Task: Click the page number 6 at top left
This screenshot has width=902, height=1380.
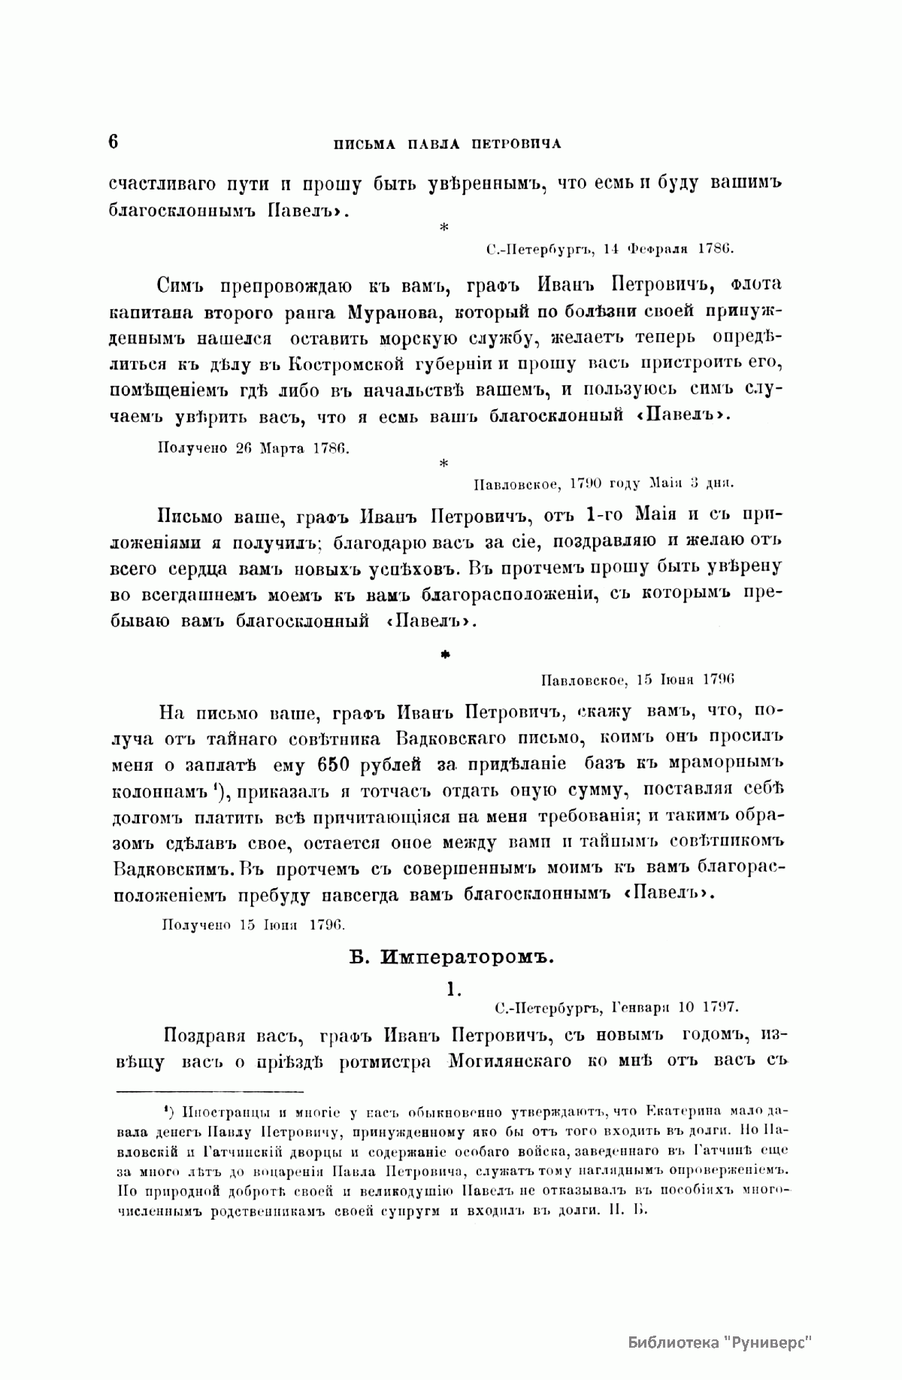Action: point(114,142)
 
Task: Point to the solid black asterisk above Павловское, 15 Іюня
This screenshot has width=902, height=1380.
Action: point(444,656)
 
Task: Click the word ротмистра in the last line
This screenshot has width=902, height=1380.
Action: point(383,1061)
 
